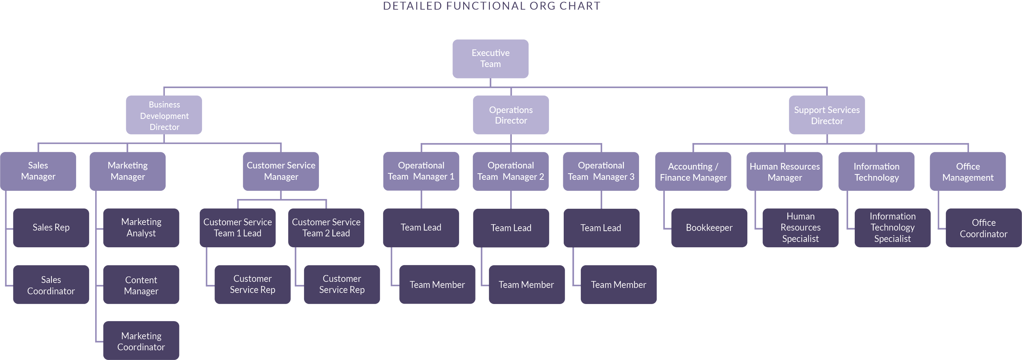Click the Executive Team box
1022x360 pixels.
coord(490,58)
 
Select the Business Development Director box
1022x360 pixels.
coord(164,116)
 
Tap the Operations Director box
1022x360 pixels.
coord(511,115)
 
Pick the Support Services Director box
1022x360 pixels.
coord(827,115)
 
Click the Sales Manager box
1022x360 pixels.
coord(38,171)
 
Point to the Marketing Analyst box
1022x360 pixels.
coord(141,228)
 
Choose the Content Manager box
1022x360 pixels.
coord(141,285)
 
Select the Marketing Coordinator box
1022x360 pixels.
coord(141,341)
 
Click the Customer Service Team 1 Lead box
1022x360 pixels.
coord(238,228)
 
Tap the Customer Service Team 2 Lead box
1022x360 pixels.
coord(326,228)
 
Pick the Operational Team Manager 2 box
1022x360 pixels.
coord(511,171)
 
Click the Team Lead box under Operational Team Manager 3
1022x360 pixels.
coord(601,228)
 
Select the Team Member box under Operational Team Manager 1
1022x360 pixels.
coord(437,285)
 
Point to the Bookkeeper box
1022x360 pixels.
coord(709,228)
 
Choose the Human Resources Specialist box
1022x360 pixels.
coord(800,228)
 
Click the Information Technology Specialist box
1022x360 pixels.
coord(892,228)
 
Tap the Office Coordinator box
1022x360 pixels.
coord(984,228)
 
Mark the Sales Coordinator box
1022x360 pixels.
coord(51,285)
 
